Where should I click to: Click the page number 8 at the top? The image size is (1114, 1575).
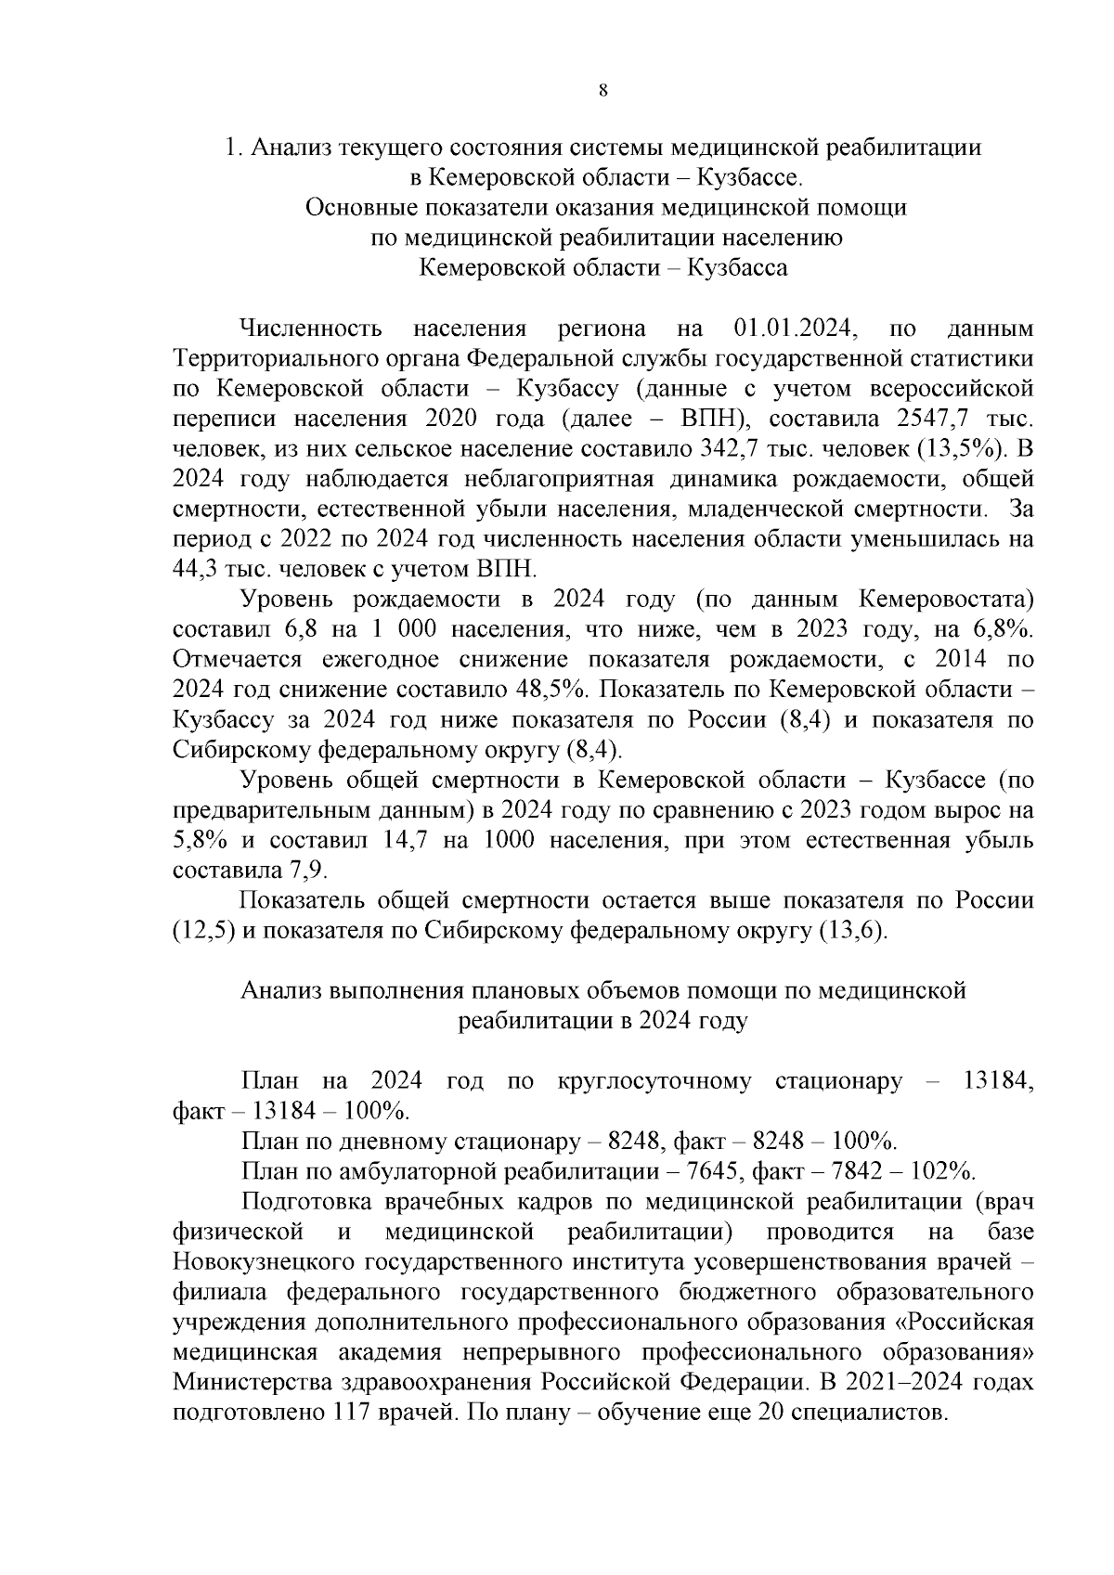pos(603,90)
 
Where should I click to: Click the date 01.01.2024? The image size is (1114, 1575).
pos(795,329)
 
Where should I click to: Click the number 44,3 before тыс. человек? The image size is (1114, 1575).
pos(197,569)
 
